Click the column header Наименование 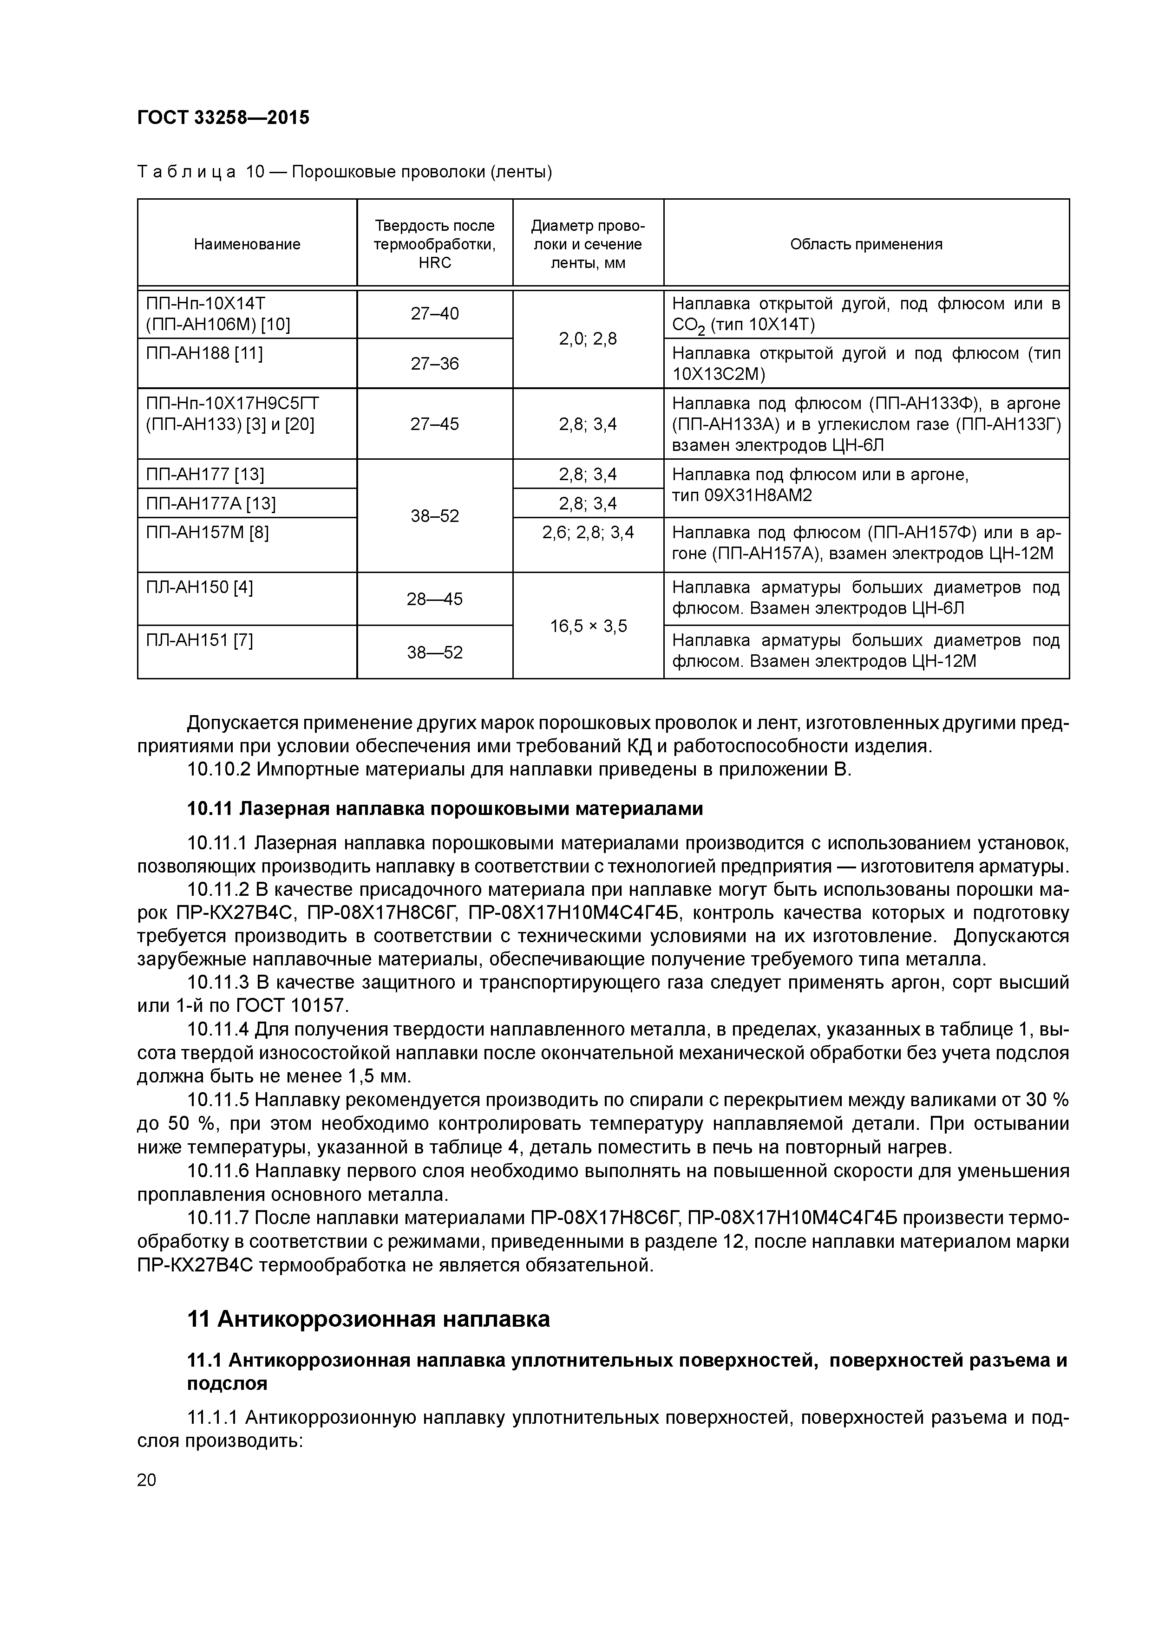coord(247,244)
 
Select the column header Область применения coord(866,244)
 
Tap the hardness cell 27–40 coord(434,313)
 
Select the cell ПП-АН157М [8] coord(207,532)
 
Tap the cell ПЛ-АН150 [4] coord(199,587)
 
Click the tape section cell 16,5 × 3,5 coord(589,626)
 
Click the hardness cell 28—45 coord(434,599)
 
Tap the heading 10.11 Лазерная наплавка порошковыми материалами coord(445,809)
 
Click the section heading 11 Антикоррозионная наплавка coord(368,1318)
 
